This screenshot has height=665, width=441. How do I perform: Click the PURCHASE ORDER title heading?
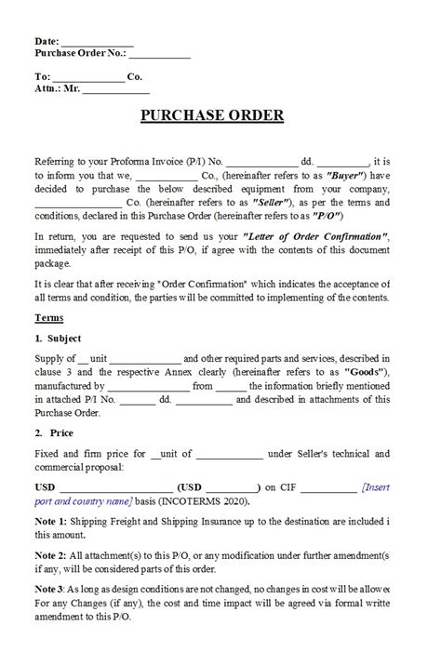pos(212,116)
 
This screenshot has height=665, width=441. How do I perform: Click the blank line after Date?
pos(97,43)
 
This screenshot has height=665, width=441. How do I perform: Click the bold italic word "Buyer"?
pos(343,175)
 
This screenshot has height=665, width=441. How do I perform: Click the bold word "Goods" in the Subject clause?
pos(364,372)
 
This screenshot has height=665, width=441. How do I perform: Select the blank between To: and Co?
pos(88,77)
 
